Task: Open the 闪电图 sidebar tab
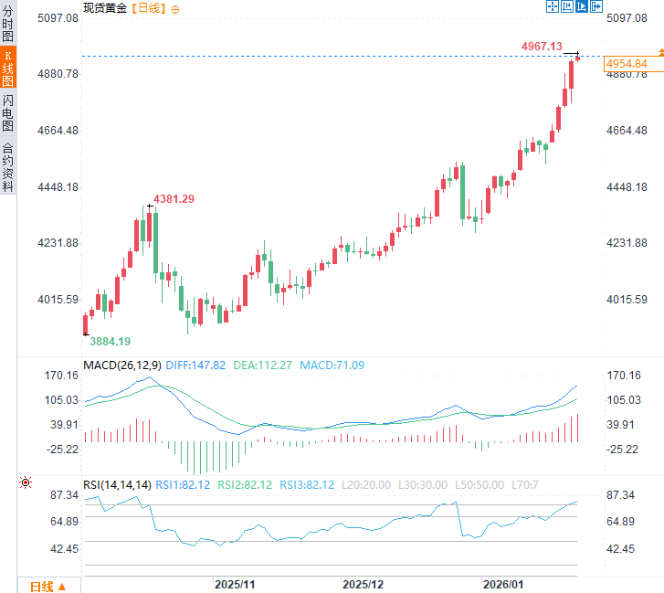(7, 112)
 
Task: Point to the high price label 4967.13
(542, 46)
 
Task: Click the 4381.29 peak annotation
(174, 198)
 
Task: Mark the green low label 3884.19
(110, 341)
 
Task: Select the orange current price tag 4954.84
(627, 64)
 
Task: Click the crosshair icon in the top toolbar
(552, 7)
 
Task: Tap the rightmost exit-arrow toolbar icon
(596, 7)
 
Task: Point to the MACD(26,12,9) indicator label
(122, 365)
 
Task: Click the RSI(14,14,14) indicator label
(117, 484)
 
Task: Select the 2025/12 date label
(364, 583)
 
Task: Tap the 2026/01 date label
(504, 583)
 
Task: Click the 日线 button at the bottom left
(47, 586)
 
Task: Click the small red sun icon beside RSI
(25, 483)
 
